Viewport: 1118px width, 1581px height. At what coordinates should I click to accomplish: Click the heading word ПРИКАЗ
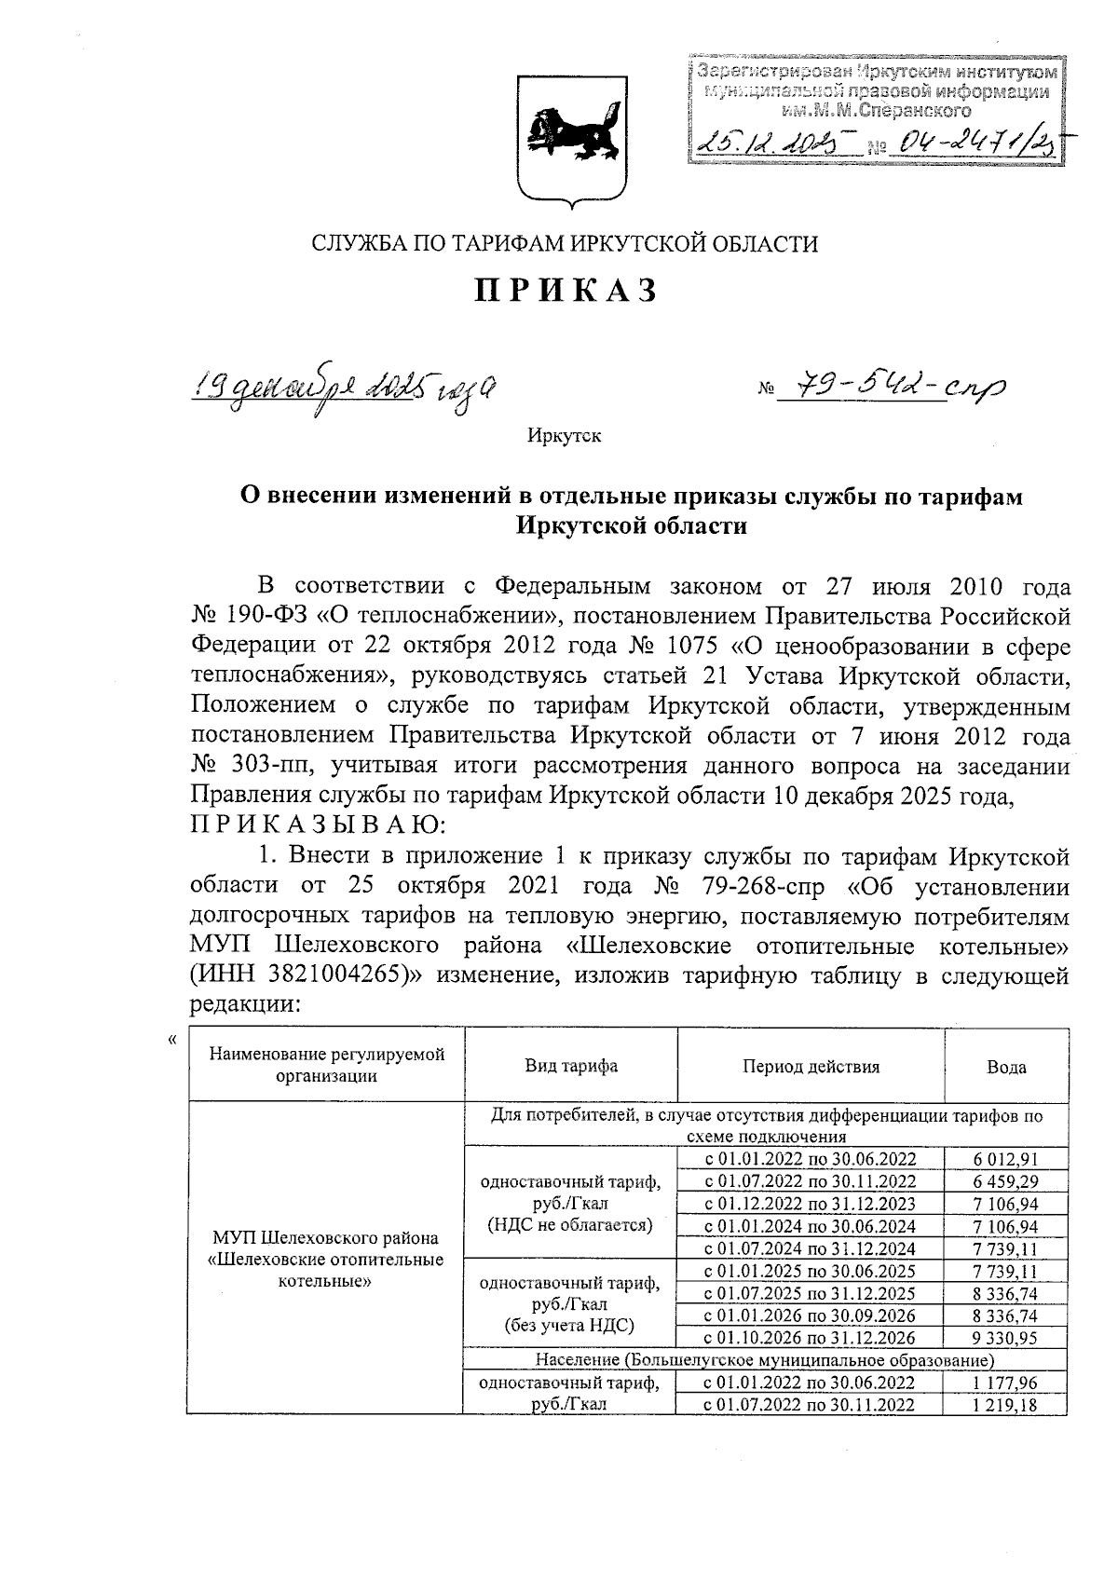tap(566, 292)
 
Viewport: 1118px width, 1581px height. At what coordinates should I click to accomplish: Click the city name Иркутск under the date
tap(564, 436)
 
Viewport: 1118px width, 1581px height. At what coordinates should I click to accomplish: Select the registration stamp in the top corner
tap(876, 111)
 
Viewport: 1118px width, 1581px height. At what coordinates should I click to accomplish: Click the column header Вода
tap(1006, 1067)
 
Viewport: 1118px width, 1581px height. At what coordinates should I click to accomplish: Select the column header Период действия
tap(811, 1067)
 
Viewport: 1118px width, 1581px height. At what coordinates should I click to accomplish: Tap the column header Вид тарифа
tap(570, 1067)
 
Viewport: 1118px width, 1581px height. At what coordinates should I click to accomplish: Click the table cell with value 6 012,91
tap(1006, 1160)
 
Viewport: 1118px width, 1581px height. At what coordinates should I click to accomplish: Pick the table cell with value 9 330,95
tap(1006, 1338)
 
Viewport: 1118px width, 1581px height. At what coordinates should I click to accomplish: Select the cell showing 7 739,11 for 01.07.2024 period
tap(1006, 1249)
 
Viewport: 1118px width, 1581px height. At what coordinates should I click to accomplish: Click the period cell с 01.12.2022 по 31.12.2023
tap(810, 1205)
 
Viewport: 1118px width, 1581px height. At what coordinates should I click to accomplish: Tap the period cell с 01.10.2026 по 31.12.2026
tap(810, 1338)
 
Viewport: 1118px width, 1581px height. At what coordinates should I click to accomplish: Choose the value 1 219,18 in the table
tap(1006, 1405)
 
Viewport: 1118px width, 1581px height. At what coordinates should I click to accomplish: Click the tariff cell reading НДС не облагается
tap(570, 1225)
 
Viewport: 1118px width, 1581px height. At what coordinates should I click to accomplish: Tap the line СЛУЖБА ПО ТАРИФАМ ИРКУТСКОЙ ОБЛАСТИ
tap(565, 244)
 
